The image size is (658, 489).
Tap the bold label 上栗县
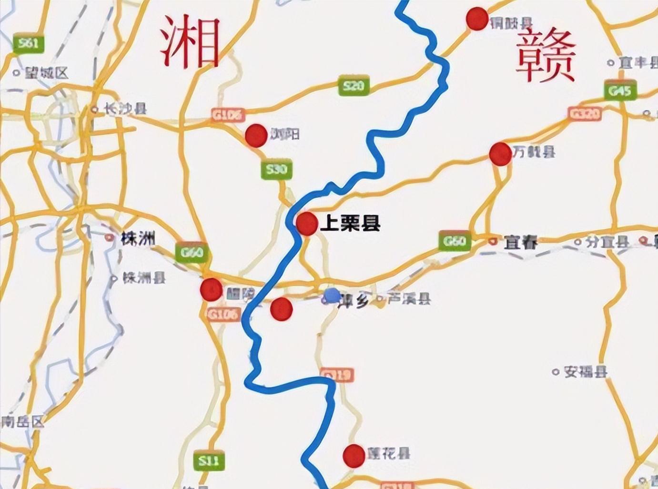(x=350, y=223)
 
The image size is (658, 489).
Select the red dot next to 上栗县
(x=306, y=224)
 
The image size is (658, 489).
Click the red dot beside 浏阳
(x=256, y=135)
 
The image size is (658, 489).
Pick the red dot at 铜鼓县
(x=476, y=19)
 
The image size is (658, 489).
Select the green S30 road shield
(x=276, y=170)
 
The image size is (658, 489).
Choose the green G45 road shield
(x=619, y=91)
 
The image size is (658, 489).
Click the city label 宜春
(x=520, y=243)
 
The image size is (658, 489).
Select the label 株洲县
(x=144, y=278)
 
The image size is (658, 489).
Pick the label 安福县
(x=585, y=372)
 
